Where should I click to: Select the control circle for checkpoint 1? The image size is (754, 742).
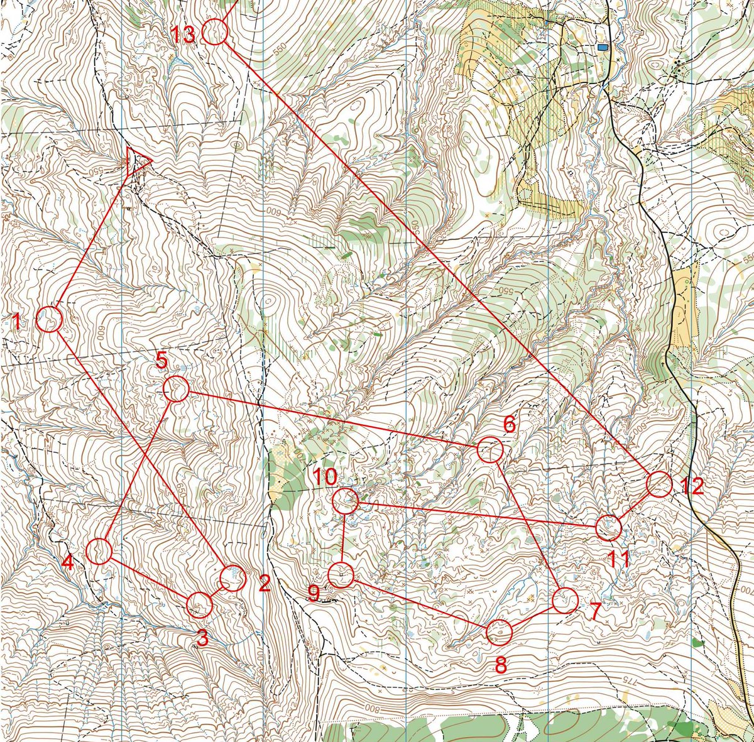pos(48,319)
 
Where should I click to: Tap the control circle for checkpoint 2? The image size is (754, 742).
pos(232,578)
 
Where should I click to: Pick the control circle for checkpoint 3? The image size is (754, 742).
pos(200,604)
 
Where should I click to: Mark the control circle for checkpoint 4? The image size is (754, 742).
pos(99,551)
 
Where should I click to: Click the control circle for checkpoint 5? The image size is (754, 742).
pos(176,389)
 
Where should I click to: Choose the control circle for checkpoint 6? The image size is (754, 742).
pos(489,450)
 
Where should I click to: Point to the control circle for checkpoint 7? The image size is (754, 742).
pos(565,600)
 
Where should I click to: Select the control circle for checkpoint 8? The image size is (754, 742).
pos(500,632)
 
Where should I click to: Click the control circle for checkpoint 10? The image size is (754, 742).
pos(345,501)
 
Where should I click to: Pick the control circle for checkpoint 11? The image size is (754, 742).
pos(608,527)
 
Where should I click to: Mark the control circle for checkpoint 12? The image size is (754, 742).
pos(659,484)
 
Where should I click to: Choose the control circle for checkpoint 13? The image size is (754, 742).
pos(215,32)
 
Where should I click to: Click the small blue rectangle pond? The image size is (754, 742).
pos(603,47)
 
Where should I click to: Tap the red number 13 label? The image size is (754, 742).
pos(184,35)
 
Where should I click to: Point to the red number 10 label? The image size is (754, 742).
pos(326,477)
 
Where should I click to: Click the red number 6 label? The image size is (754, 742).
pos(509,425)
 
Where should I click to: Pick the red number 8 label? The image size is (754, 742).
pos(501,665)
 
